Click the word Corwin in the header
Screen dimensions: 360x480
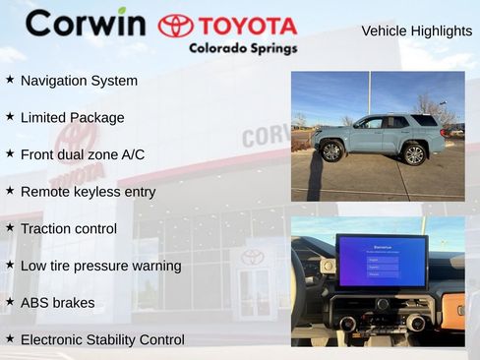point(85,23)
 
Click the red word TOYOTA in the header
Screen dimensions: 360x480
point(247,26)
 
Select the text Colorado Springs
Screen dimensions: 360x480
point(242,47)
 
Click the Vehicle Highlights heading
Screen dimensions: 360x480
point(416,30)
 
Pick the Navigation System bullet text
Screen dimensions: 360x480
point(79,81)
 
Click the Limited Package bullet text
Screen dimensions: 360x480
point(72,118)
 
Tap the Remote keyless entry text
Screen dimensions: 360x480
point(88,192)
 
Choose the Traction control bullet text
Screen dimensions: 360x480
point(68,229)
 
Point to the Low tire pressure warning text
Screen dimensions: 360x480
point(100,266)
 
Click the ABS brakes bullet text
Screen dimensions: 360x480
point(57,303)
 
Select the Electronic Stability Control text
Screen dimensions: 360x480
point(102,339)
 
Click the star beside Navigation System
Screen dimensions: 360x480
point(10,80)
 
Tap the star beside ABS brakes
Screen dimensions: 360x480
point(10,302)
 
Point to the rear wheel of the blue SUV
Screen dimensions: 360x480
point(414,153)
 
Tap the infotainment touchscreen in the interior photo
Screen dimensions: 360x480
point(381,262)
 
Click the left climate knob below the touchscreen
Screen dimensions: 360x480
point(347,324)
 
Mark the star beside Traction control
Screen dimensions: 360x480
point(10,228)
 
